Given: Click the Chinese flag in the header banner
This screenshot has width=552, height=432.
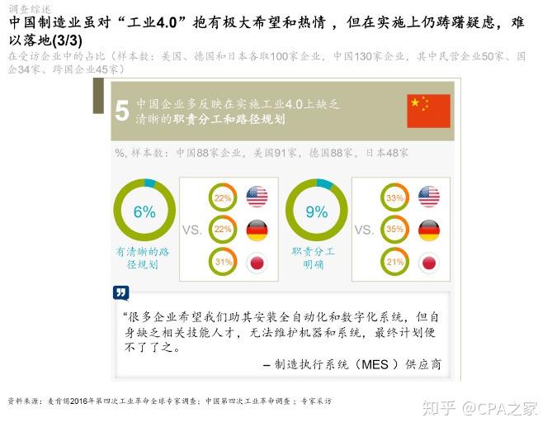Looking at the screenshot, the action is (x=428, y=111).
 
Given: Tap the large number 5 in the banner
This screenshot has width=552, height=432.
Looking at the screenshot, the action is (x=122, y=111).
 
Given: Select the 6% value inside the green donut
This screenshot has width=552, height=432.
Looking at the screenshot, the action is (x=144, y=211).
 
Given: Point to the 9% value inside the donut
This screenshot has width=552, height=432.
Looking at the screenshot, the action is (x=317, y=211).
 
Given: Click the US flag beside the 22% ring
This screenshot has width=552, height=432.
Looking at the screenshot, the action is (x=257, y=197).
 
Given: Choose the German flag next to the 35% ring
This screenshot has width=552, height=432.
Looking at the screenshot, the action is (x=429, y=230).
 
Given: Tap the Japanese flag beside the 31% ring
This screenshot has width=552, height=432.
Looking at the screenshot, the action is (x=257, y=263).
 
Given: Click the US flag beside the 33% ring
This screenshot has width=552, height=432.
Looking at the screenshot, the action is (x=429, y=197).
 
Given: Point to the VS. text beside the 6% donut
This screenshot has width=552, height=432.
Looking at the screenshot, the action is (x=192, y=230).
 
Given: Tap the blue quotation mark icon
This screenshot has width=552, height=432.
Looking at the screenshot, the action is (x=120, y=292).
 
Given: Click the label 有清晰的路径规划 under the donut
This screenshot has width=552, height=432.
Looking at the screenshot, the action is (x=143, y=258).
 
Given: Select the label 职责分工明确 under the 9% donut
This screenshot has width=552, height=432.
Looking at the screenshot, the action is (x=314, y=258).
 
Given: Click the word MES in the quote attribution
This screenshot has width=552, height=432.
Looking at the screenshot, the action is (x=375, y=364).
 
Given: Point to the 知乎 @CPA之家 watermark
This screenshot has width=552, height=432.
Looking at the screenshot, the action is (x=480, y=409).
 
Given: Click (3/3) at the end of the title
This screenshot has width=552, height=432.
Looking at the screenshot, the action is (x=67, y=40).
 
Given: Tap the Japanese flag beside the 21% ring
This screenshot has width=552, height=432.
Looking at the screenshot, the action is (x=429, y=263).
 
